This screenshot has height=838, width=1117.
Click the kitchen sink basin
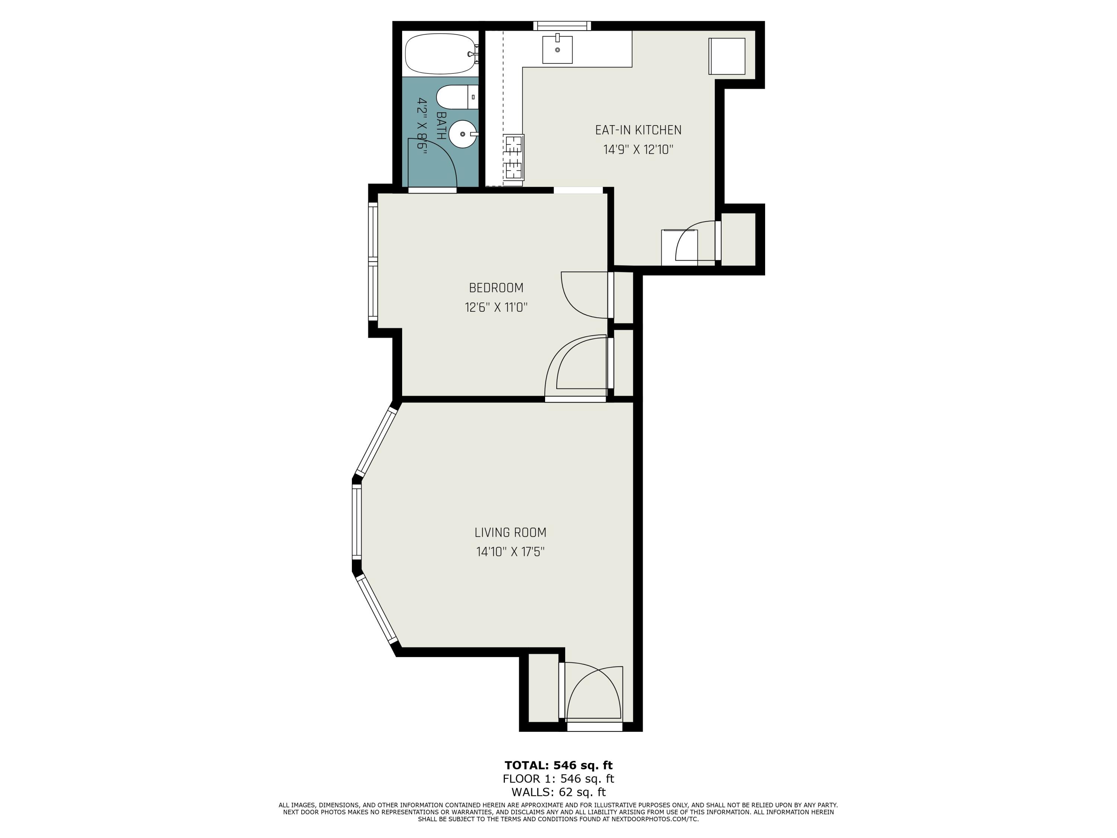tap(557, 50)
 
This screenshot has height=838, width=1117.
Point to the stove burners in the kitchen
tap(514, 158)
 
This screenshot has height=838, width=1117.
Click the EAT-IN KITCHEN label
tap(638, 130)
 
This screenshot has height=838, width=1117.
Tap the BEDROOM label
tap(496, 288)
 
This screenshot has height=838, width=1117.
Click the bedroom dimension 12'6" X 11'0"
tap(496, 308)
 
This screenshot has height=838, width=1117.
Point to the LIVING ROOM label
tap(510, 532)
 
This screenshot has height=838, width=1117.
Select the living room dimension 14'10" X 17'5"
tap(510, 552)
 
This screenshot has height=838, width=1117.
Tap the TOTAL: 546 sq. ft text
tap(558, 765)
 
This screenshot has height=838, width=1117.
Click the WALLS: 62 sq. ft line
tap(558, 793)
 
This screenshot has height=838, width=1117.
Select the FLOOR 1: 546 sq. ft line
tap(558, 779)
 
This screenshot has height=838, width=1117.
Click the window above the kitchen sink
tap(562, 26)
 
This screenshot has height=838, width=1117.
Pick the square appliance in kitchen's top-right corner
tap(727, 56)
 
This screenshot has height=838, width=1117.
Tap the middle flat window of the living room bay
tap(357, 522)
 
